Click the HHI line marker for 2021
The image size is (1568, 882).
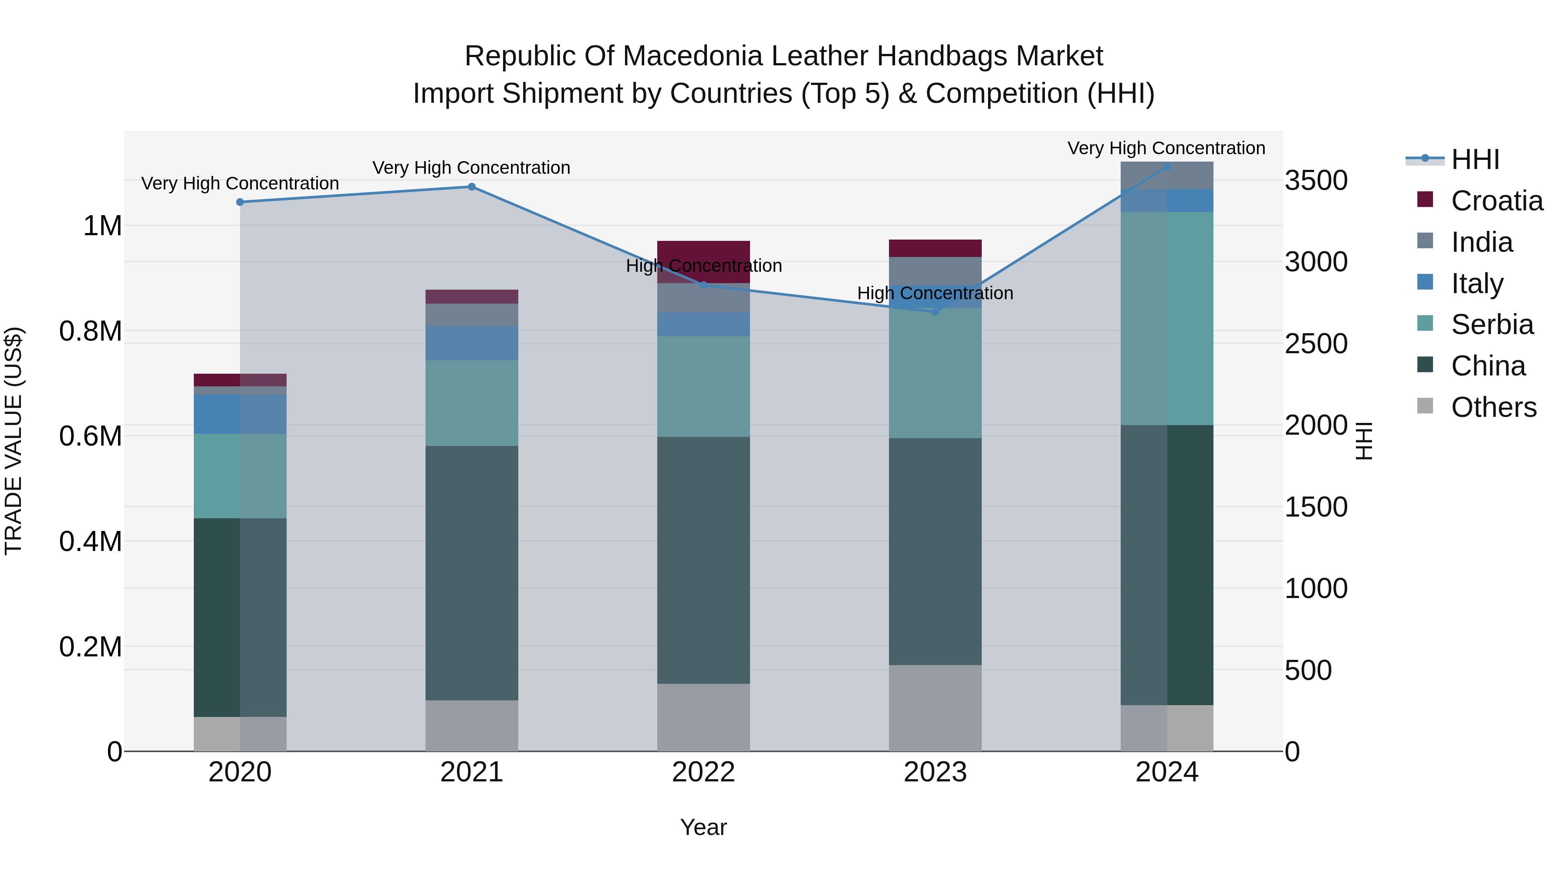tap(471, 187)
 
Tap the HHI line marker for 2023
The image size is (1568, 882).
tap(936, 312)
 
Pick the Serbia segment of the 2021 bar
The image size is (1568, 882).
tap(471, 403)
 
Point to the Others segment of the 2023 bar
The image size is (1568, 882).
tap(935, 707)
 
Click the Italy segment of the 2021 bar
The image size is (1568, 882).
tap(471, 343)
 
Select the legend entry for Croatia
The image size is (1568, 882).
tap(1496, 201)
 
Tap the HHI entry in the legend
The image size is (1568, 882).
tap(1474, 159)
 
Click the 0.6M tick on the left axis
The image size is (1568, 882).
tap(90, 436)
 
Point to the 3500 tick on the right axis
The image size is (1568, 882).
tap(1316, 181)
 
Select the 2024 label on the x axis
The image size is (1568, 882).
tap(1166, 772)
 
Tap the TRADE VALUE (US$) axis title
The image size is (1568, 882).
tap(14, 441)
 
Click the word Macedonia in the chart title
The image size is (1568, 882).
tap(693, 56)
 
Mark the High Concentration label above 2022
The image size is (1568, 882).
tap(704, 266)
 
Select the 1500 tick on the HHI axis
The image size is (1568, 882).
tap(1316, 507)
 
